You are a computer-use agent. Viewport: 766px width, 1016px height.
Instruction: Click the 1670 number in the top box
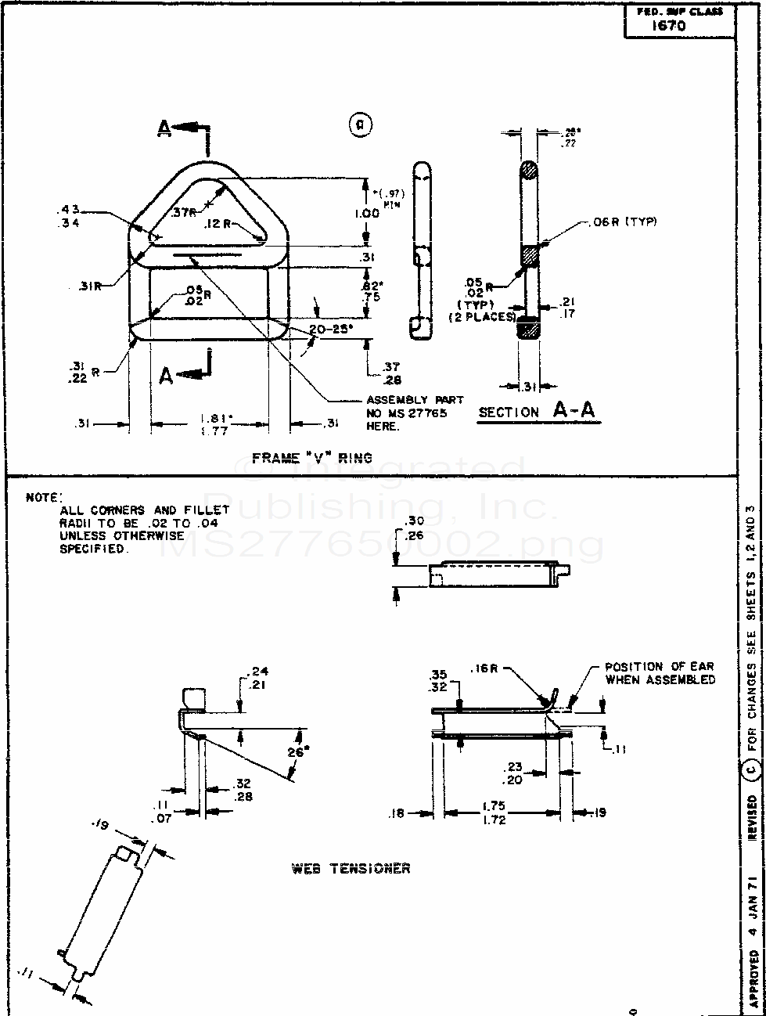point(669,25)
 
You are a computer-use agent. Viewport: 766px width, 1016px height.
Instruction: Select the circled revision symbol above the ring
point(360,124)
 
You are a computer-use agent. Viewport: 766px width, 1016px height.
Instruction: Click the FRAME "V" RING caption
point(311,458)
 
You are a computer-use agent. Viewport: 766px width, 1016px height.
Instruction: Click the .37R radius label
point(184,212)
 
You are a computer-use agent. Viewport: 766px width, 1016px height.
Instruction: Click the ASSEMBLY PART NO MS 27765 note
point(415,413)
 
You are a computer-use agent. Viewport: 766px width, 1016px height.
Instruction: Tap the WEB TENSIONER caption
point(350,869)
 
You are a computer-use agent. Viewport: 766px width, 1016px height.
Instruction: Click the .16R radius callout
point(487,669)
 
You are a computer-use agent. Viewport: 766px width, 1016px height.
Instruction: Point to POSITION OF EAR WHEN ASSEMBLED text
point(660,673)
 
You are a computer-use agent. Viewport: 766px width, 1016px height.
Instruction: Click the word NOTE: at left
point(44,497)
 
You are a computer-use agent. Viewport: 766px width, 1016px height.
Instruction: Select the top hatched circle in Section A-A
point(529,171)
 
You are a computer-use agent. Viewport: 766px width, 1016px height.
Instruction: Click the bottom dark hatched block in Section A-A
point(529,328)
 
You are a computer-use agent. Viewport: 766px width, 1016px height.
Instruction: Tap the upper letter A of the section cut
point(164,128)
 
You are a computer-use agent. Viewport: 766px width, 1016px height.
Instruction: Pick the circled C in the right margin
point(751,771)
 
